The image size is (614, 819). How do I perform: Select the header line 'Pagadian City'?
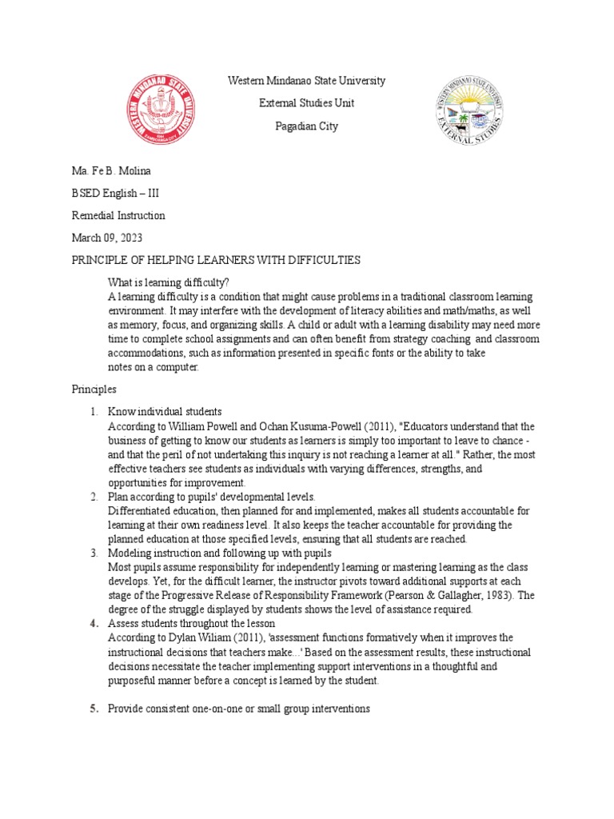click(306, 126)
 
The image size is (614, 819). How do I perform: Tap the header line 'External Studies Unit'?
click(306, 103)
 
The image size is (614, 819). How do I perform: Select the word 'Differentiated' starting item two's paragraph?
click(138, 510)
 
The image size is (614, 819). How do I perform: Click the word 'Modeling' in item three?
click(130, 553)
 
